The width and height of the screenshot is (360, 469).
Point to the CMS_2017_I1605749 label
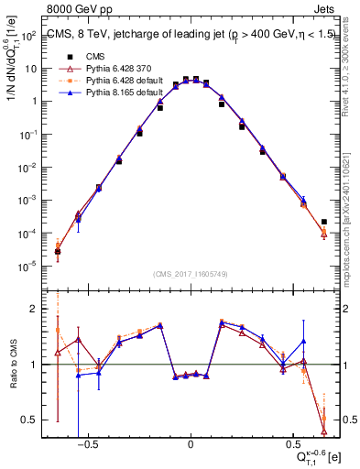(191, 275)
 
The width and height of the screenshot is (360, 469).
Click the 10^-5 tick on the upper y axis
(28, 267)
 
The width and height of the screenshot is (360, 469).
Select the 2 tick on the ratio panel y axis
(35, 309)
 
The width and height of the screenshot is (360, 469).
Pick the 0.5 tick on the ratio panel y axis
(30, 420)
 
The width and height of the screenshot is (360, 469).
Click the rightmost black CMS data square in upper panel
(324, 222)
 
